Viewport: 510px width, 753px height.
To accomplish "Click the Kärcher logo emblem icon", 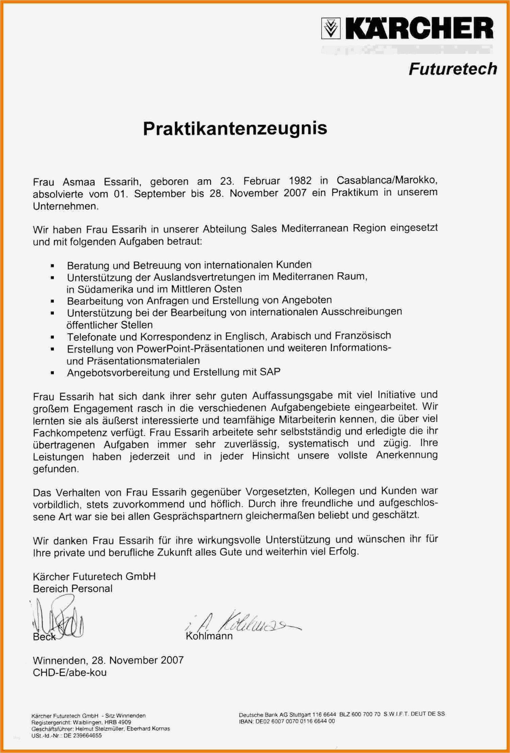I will (x=330, y=29).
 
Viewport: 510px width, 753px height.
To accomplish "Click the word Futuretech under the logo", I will (x=452, y=69).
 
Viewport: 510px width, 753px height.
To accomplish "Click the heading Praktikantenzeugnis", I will (x=235, y=129).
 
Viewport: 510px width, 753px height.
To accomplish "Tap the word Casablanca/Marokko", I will (x=387, y=180).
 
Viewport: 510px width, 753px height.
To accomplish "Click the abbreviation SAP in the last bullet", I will (x=270, y=372).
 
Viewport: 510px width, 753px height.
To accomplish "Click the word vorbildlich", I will (x=57, y=504).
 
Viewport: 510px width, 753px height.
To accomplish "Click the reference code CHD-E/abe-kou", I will (x=69, y=673).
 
